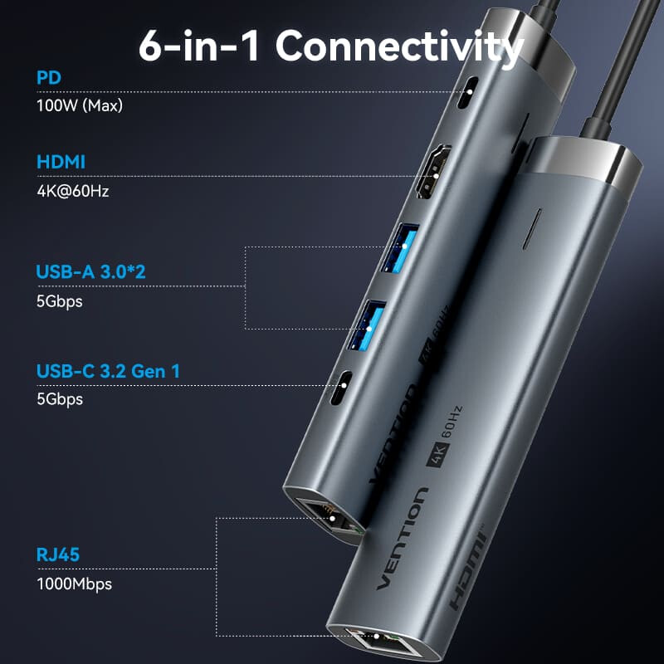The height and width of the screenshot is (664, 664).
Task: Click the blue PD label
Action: [x=48, y=79]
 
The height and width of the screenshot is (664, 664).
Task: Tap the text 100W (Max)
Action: [x=73, y=105]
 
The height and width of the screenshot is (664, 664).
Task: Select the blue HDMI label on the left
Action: [x=61, y=162]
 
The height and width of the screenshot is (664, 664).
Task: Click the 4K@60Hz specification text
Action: [x=73, y=190]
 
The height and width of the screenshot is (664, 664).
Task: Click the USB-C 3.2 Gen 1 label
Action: [x=108, y=371]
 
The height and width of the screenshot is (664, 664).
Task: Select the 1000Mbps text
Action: [x=74, y=583]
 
